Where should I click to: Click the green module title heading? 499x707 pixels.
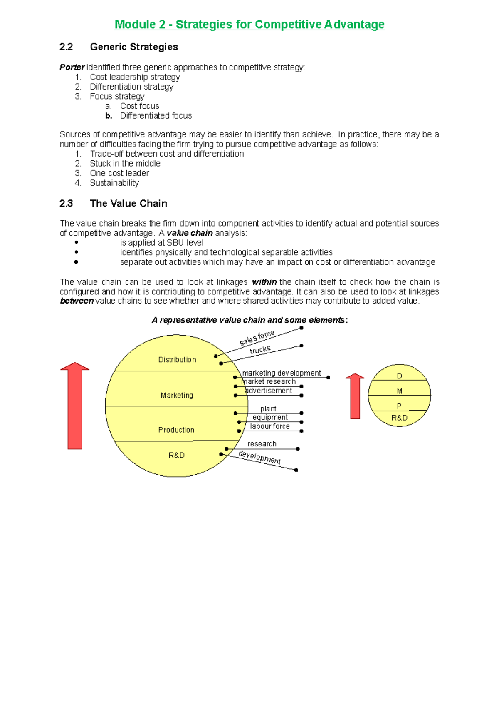[x=249, y=25]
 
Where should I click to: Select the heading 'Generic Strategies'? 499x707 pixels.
[x=134, y=47]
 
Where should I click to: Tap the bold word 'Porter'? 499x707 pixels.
[x=72, y=67]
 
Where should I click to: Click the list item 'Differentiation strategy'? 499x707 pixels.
[x=131, y=87]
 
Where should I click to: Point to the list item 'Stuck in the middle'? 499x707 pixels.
[x=125, y=164]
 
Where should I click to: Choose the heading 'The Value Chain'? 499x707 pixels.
[x=128, y=204]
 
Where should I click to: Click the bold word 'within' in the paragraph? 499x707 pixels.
[x=264, y=282]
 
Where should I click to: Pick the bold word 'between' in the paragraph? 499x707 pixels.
[x=77, y=301]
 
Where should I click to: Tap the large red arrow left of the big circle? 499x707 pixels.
[x=75, y=406]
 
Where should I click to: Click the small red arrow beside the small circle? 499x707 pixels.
[x=355, y=396]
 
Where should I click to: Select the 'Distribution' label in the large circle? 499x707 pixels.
[x=177, y=360]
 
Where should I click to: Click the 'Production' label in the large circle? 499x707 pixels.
[x=176, y=430]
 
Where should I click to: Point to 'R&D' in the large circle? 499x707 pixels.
[x=177, y=455]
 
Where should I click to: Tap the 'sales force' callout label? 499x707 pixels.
[x=257, y=338]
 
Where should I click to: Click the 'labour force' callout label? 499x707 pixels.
[x=270, y=426]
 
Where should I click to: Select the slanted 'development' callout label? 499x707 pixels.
[x=259, y=457]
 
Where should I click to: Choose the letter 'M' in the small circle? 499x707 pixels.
[x=400, y=391]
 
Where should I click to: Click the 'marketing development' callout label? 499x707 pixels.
[x=282, y=373]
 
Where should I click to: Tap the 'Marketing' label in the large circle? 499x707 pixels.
[x=177, y=395]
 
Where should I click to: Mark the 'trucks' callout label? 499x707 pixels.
[x=260, y=350]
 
